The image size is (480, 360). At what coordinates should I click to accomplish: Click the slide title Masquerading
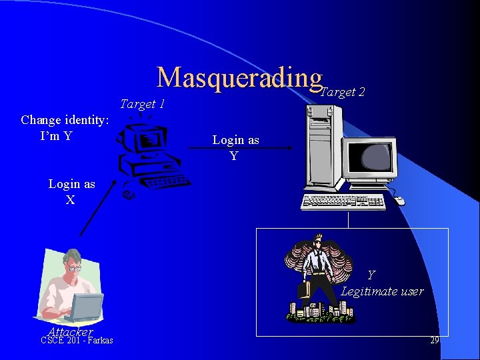[239, 78]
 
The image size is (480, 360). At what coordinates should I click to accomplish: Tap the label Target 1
[142, 104]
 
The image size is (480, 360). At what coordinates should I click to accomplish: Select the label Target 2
[343, 92]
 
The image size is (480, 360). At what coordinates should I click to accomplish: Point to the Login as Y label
[235, 147]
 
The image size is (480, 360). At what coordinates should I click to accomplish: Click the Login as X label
[71, 191]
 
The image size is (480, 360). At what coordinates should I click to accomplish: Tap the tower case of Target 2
[323, 148]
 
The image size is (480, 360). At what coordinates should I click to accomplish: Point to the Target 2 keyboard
[343, 201]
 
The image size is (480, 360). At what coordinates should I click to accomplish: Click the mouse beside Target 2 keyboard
[399, 200]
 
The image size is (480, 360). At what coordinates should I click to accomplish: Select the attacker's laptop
[83, 307]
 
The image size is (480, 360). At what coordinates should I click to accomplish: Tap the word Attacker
[70, 331]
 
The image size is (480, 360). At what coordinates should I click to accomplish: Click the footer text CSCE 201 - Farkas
[77, 341]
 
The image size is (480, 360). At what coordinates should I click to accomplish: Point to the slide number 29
[434, 341]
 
